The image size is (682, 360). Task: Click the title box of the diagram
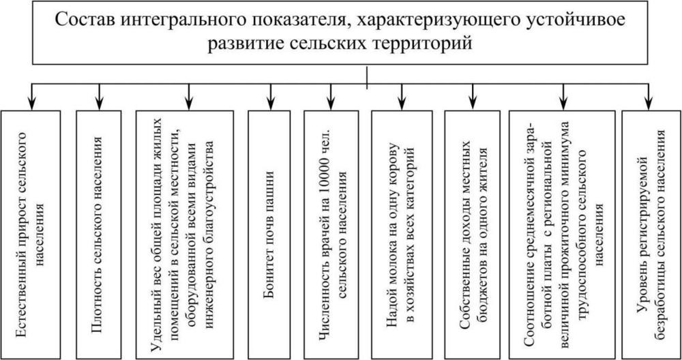point(340,33)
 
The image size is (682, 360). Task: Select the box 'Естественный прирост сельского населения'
point(31,235)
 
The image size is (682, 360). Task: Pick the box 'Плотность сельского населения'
point(99,235)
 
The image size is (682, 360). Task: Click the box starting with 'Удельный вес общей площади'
point(184,235)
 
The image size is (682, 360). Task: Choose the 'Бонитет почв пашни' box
point(269,235)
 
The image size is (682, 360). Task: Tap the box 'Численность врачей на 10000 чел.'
point(331,235)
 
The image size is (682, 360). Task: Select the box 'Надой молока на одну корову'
point(402,235)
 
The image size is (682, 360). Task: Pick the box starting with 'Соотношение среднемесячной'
point(562,235)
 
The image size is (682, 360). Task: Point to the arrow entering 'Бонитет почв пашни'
point(271,96)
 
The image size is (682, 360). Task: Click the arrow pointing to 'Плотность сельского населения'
point(100,96)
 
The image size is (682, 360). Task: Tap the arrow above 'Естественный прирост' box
point(31,96)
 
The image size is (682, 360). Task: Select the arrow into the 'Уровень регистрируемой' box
point(649,96)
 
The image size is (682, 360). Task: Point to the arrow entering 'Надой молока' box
point(402,96)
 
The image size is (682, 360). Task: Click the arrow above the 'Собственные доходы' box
point(473,96)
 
